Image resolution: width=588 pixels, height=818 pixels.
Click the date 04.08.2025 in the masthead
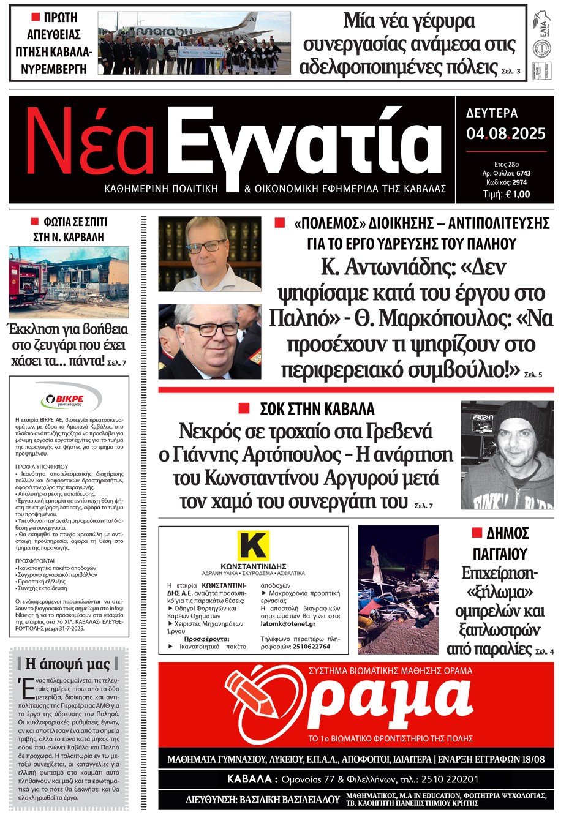505,133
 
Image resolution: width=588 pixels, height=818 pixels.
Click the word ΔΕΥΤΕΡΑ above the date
492,113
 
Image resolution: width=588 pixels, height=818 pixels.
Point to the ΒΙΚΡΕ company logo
69,400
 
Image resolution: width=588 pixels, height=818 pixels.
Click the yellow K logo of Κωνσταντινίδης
253,545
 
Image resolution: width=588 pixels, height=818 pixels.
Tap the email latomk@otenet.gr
288,624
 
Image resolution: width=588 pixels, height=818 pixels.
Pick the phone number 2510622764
311,647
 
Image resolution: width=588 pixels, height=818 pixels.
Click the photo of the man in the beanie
507,455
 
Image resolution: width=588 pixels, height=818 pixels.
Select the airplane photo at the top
194,43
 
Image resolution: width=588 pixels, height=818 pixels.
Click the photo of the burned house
69,281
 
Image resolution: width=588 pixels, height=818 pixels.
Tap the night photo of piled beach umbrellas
398,590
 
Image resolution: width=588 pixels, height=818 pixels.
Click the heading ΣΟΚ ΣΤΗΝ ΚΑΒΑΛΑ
317,409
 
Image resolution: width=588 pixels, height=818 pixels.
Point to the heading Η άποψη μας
67,664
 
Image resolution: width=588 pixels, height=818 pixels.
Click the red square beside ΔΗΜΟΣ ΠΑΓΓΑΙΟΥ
477,533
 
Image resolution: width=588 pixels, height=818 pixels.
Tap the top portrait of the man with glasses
209,253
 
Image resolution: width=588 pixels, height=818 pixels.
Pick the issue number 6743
523,174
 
